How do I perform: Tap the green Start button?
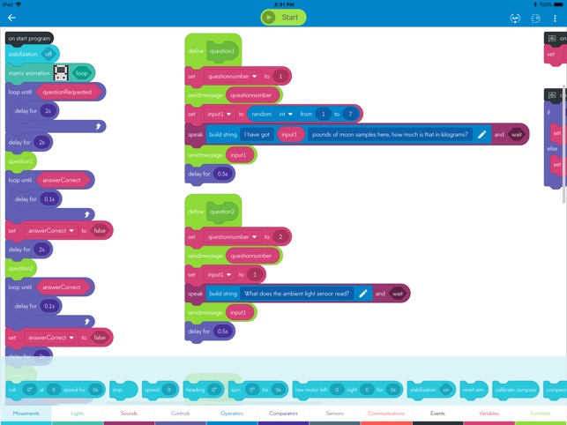283,17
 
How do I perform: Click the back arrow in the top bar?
12,18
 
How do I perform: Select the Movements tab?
26,413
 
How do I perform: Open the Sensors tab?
334,413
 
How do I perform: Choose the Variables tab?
489,413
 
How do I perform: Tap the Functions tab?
540,413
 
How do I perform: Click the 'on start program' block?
28,38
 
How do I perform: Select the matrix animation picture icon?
61,72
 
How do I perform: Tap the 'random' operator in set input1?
261,114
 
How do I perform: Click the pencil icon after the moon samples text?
481,134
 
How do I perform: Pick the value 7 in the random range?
350,114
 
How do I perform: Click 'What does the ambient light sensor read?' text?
297,294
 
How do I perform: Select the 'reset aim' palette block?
474,389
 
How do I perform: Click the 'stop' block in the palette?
118,389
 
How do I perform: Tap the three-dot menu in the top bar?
555,18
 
